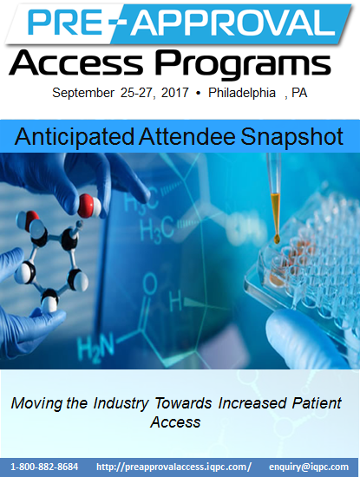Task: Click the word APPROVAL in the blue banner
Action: (x=232, y=23)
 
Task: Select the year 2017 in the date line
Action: (x=175, y=93)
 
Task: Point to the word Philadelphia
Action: (x=242, y=93)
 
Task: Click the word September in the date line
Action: (x=83, y=93)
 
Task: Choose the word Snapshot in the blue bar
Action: (x=291, y=137)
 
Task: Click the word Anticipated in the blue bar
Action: (x=75, y=137)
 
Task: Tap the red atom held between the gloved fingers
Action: (x=87, y=206)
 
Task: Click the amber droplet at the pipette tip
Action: (x=277, y=238)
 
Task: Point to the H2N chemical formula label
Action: (x=95, y=349)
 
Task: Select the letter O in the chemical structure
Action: (x=150, y=284)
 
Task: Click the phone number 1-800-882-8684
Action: (x=44, y=467)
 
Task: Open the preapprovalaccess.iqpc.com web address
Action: (x=173, y=467)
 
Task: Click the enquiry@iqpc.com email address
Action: (x=309, y=467)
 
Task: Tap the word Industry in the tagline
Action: (x=121, y=403)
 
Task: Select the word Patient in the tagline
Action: (x=317, y=403)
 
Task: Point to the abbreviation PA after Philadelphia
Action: (x=299, y=93)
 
